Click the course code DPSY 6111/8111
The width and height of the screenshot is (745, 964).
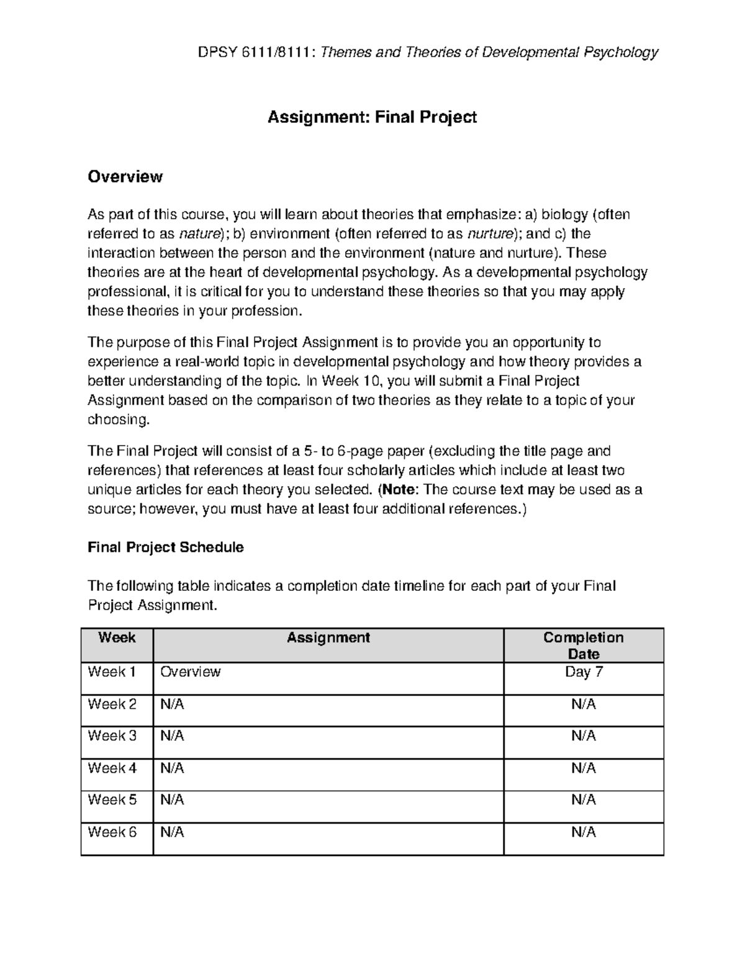tap(256, 52)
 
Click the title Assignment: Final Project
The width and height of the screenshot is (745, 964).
tap(372, 117)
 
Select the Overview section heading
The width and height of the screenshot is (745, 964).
tap(125, 177)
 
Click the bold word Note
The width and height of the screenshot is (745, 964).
tap(398, 490)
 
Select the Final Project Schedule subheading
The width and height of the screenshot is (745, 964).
tap(165, 547)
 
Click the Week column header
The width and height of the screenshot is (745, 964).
tap(117, 637)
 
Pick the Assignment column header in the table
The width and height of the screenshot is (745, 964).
tap(328, 637)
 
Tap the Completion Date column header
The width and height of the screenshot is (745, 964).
tap(584, 645)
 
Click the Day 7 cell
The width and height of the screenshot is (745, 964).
tap(584, 672)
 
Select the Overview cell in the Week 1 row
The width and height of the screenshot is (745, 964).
tap(190, 672)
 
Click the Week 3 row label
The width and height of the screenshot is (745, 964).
tap(112, 736)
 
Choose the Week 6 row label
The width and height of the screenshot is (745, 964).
tap(112, 832)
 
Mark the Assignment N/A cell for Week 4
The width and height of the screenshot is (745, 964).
tap(172, 768)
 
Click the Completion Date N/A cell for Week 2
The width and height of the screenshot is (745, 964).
tap(584, 705)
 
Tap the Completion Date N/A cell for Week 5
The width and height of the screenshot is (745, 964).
tap(584, 800)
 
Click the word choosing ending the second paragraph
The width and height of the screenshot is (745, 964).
tap(118, 420)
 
